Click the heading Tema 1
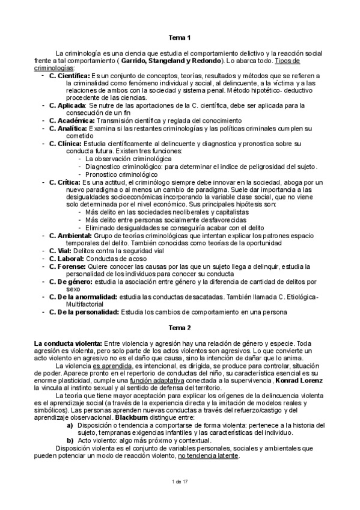[180, 38]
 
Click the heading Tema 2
[180, 328]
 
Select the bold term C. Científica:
[69, 75]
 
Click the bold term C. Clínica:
[66, 144]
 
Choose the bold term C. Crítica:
[64, 182]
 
